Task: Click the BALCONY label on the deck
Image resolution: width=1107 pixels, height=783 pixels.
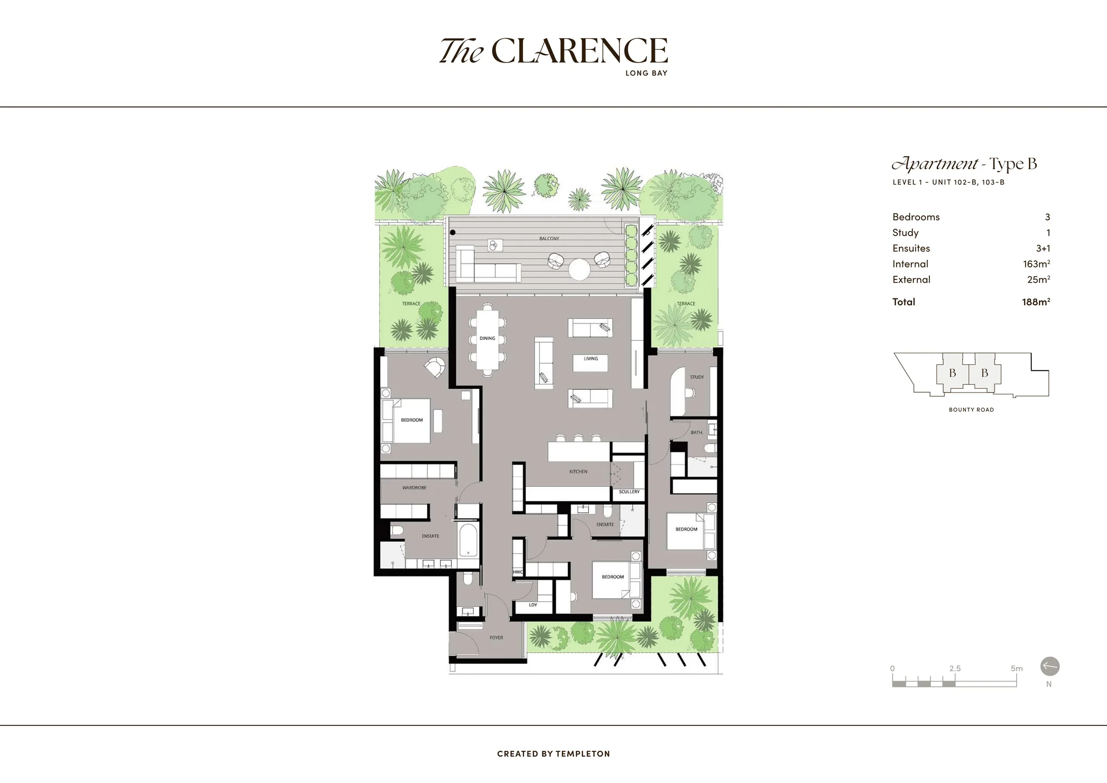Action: pyautogui.click(x=549, y=239)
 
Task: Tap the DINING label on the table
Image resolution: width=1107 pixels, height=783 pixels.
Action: pyautogui.click(x=487, y=338)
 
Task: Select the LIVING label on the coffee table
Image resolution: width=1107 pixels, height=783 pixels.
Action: pyautogui.click(x=591, y=359)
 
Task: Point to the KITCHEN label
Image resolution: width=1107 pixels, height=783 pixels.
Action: pyautogui.click(x=578, y=472)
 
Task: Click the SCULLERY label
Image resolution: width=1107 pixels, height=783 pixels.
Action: pyautogui.click(x=629, y=492)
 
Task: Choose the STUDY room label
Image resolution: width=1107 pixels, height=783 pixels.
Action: pyautogui.click(x=697, y=377)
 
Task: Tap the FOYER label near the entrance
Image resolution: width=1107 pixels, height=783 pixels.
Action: pyautogui.click(x=496, y=638)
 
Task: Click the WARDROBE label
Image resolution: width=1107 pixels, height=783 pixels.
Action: pyautogui.click(x=414, y=488)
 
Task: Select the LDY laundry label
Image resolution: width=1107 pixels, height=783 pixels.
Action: pyautogui.click(x=533, y=605)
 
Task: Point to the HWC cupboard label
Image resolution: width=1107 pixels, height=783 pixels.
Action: pyautogui.click(x=518, y=572)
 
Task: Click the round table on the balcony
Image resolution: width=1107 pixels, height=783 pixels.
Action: pyautogui.click(x=580, y=270)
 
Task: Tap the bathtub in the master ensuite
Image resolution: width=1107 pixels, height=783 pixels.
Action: pyautogui.click(x=468, y=540)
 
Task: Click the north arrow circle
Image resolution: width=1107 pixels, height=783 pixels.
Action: pyautogui.click(x=1049, y=666)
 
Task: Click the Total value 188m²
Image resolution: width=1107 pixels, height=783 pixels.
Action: pyautogui.click(x=1036, y=302)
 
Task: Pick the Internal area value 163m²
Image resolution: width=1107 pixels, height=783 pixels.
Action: pyautogui.click(x=1036, y=264)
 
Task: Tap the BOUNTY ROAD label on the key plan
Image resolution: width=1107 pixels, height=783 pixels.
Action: pyautogui.click(x=971, y=410)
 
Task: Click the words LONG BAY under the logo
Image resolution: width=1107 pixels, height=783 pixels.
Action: pyautogui.click(x=646, y=73)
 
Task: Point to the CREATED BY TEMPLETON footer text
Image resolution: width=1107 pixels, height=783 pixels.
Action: pyautogui.click(x=553, y=754)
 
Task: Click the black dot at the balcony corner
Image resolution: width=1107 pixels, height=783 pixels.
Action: pyautogui.click(x=453, y=233)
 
